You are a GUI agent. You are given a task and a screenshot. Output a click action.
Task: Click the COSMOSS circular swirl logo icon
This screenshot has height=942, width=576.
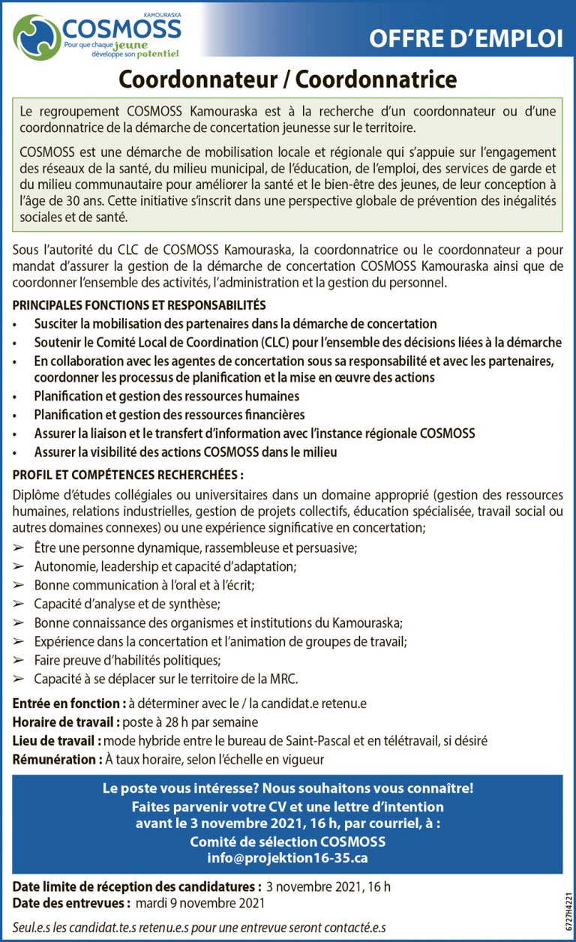click(36, 36)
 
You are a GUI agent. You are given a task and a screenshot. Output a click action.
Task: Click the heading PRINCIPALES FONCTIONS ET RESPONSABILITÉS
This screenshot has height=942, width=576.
click(139, 305)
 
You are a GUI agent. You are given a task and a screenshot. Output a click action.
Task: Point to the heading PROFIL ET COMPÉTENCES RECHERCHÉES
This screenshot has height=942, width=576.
click(128, 475)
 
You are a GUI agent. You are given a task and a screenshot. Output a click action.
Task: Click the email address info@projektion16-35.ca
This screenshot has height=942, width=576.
click(287, 858)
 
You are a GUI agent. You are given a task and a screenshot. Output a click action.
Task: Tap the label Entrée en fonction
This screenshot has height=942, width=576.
click(68, 703)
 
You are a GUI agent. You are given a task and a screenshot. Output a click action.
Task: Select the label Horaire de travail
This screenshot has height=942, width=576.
click(67, 722)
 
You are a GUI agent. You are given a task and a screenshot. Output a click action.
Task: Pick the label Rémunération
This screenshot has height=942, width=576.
click(57, 759)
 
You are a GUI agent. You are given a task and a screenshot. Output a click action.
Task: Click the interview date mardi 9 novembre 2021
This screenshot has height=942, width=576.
click(199, 903)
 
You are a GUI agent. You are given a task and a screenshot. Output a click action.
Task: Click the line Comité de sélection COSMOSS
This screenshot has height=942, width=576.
click(287, 841)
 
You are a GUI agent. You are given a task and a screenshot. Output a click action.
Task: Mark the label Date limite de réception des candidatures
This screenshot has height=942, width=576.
click(136, 886)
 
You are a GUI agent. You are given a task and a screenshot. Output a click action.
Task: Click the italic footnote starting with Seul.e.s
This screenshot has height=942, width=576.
click(199, 928)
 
